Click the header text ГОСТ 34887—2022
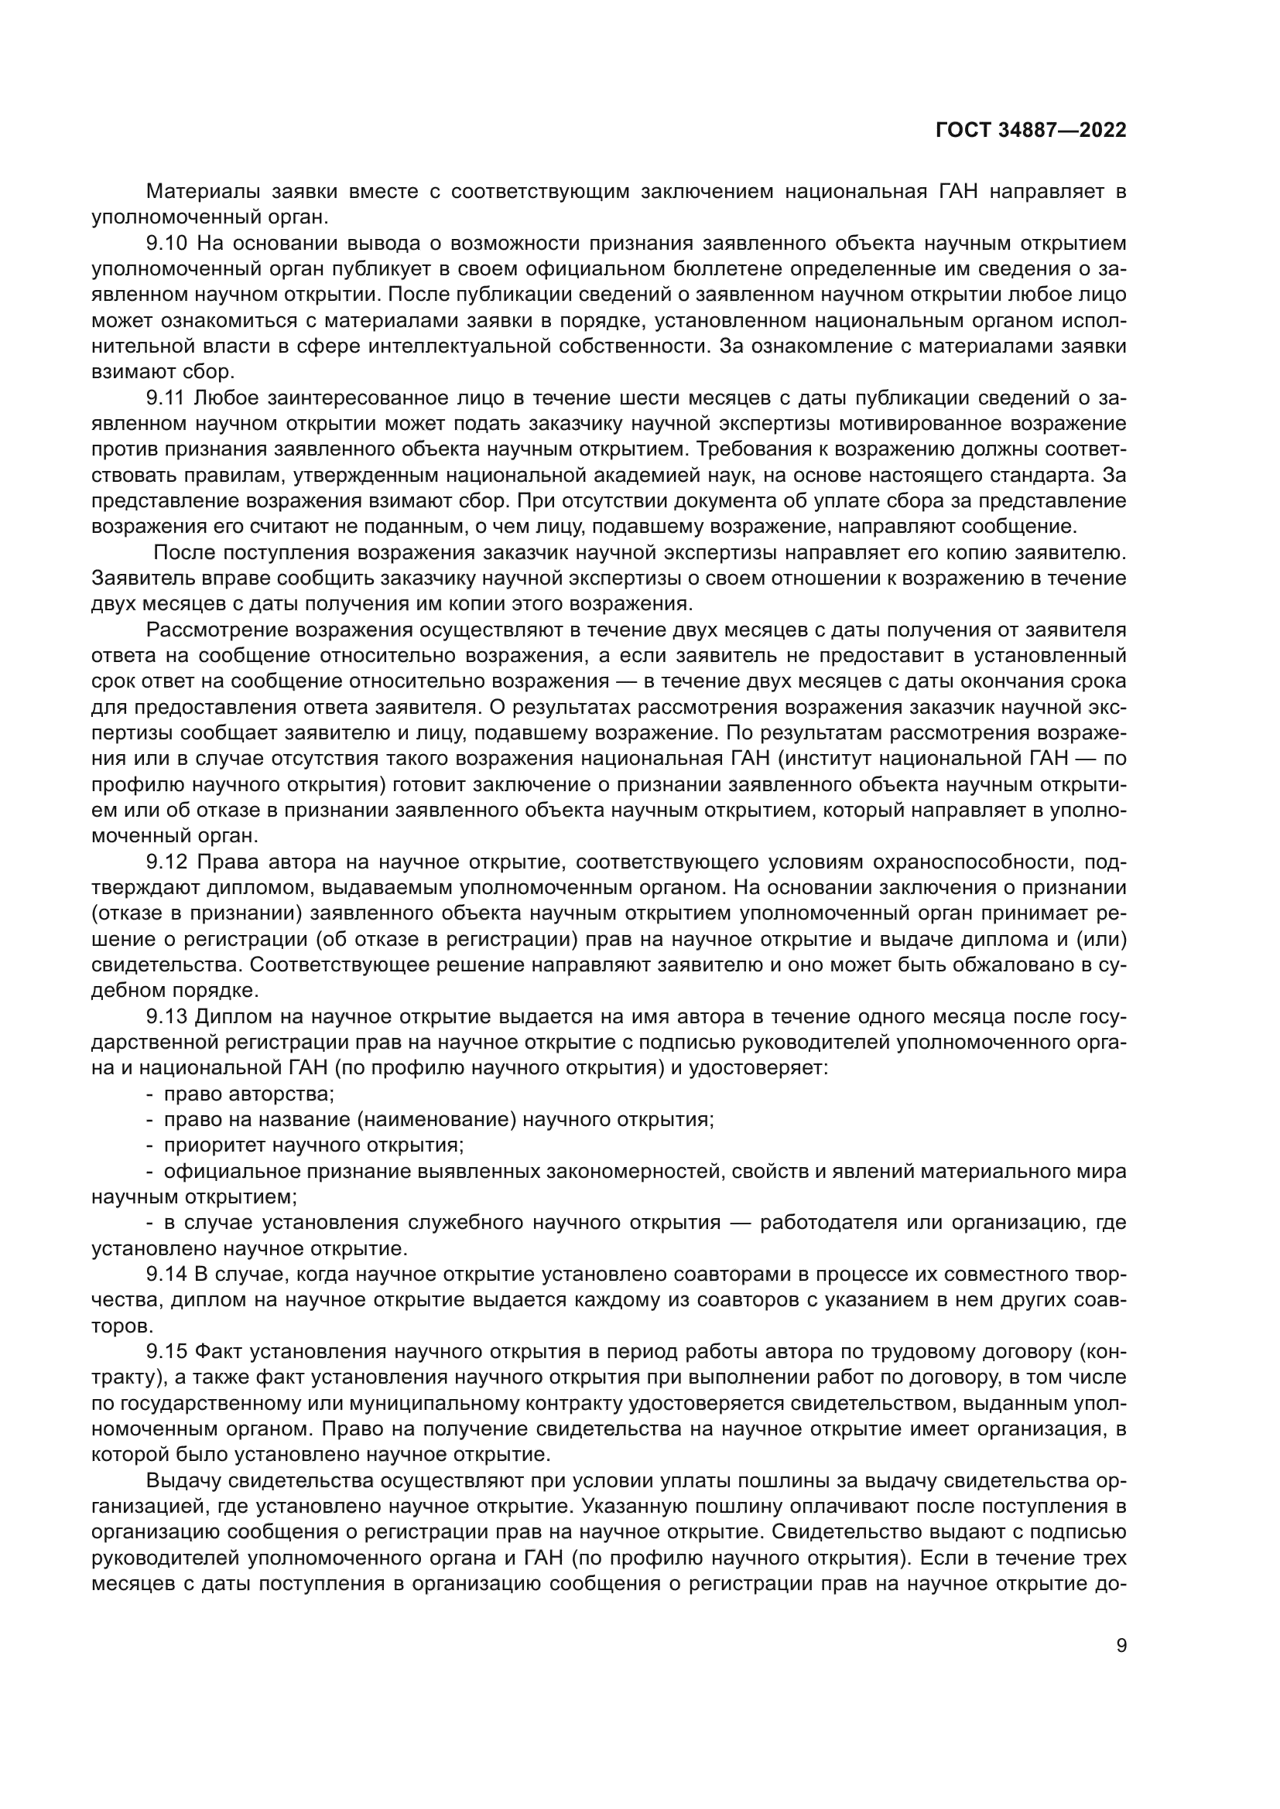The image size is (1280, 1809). pyautogui.click(x=1030, y=131)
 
